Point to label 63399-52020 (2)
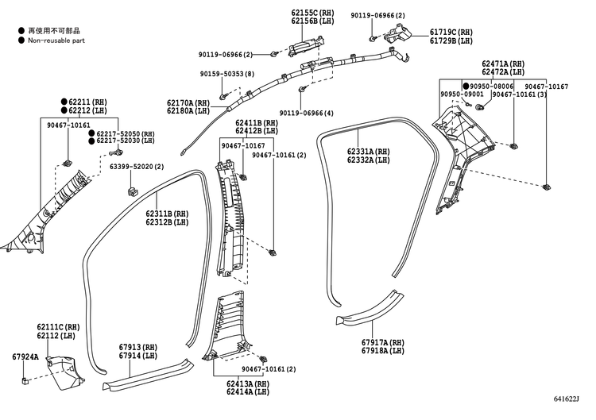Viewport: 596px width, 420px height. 137,167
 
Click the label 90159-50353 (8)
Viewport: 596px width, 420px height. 227,74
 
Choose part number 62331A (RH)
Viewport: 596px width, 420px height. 368,151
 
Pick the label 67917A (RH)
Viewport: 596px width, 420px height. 382,342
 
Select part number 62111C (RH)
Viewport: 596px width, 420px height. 58,327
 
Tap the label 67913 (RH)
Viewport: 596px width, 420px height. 138,347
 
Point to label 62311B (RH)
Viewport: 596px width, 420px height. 167,214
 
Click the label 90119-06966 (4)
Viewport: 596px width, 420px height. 307,114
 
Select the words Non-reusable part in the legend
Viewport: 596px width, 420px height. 56,39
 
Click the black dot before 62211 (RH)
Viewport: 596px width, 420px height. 64,102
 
